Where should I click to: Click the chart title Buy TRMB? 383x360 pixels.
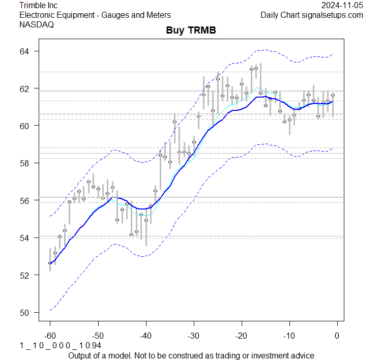pyautogui.click(x=191, y=31)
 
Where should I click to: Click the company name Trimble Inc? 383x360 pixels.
pyautogui.click(x=38, y=6)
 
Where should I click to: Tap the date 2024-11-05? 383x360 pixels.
pyautogui.click(x=342, y=6)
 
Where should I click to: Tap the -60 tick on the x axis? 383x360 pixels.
pyautogui.click(x=50, y=335)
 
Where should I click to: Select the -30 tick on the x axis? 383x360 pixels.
pyautogui.click(x=193, y=335)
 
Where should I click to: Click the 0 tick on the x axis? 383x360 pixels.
pyautogui.click(x=337, y=335)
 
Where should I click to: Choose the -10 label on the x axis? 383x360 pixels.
pyautogui.click(x=289, y=335)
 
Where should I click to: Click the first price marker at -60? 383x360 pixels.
pyautogui.click(x=50, y=263)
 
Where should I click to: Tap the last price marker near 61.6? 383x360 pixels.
pyautogui.click(x=333, y=95)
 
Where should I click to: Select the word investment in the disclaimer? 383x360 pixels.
pyautogui.click(x=272, y=355)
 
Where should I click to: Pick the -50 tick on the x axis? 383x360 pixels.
pyautogui.click(x=98, y=335)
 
